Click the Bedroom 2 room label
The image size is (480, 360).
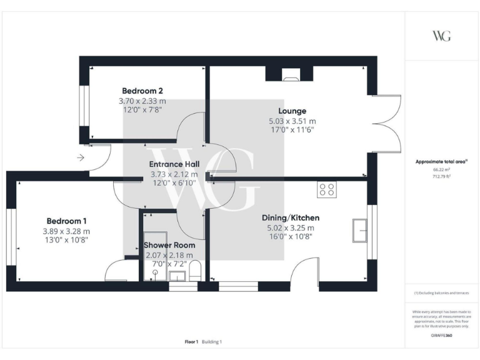(x=142, y=91)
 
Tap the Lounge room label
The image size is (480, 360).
(x=292, y=111)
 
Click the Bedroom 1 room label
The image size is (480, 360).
(x=67, y=221)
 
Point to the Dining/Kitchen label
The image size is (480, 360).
(x=291, y=217)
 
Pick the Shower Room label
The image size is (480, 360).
(x=169, y=245)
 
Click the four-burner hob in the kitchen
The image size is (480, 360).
(x=327, y=189)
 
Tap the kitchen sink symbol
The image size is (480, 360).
(x=359, y=230)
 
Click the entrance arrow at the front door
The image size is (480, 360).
(x=81, y=158)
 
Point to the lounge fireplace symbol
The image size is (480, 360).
(x=291, y=78)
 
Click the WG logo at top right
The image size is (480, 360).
(x=441, y=36)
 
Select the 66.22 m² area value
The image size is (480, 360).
(x=441, y=169)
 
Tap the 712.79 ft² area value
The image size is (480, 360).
(x=441, y=176)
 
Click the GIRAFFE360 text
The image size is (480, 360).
(x=441, y=336)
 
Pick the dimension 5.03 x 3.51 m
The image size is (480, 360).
(x=292, y=121)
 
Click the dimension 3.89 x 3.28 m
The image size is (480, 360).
(x=67, y=231)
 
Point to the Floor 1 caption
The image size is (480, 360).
(x=191, y=342)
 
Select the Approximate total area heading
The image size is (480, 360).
(x=441, y=161)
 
